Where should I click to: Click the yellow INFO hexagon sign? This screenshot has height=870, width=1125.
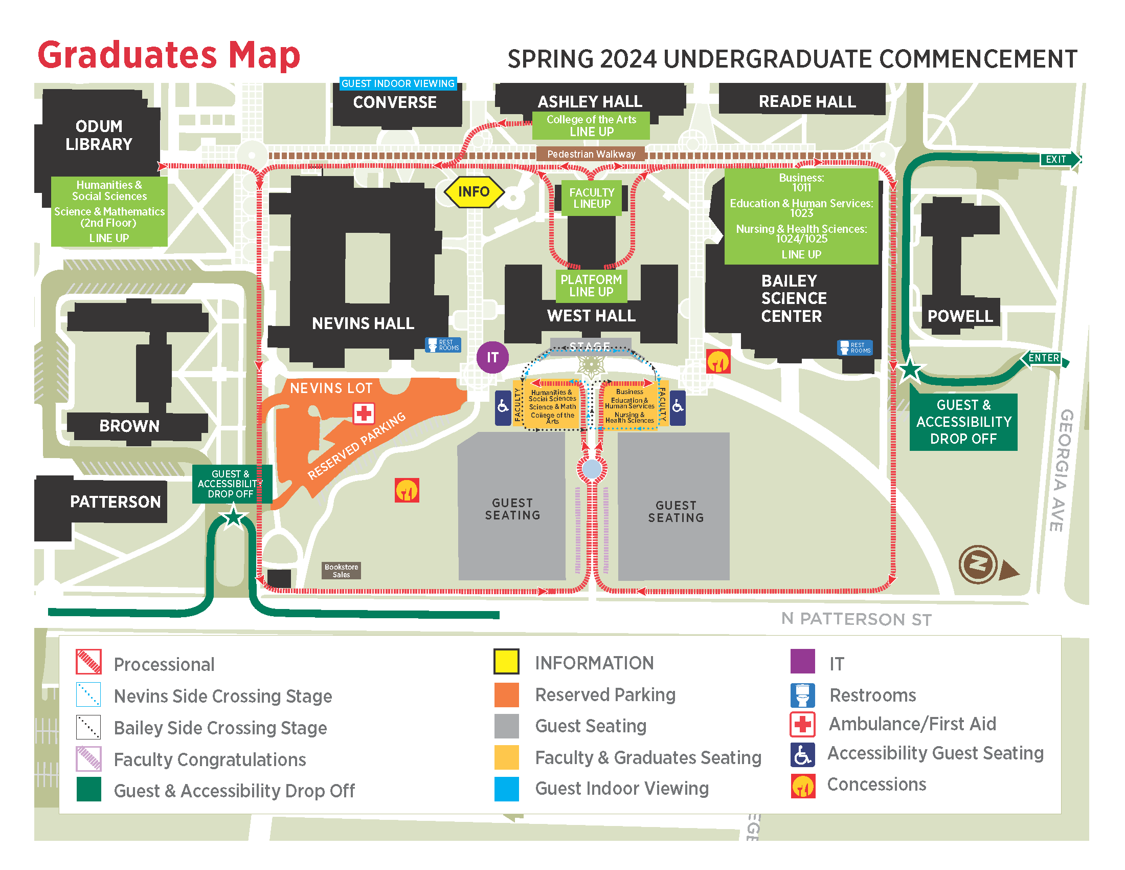coord(474,192)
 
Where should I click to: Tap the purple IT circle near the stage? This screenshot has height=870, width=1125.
coord(492,357)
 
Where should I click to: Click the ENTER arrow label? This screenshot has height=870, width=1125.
coord(1044,358)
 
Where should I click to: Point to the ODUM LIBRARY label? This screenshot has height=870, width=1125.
coord(98,135)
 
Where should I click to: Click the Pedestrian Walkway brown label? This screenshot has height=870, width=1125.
coord(591,154)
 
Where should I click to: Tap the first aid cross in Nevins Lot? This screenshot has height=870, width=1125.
coord(364,414)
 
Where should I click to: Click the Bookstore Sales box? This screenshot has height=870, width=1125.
coord(341,571)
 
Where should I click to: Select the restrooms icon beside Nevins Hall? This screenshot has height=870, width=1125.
coord(442,345)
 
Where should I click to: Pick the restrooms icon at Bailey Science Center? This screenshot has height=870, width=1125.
coord(854,348)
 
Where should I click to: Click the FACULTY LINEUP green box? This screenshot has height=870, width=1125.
coord(591,198)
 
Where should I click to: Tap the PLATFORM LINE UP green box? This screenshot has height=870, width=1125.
coord(591,286)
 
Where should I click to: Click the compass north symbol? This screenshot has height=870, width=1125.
coord(978,564)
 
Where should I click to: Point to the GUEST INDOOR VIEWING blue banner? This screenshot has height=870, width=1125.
coord(398,83)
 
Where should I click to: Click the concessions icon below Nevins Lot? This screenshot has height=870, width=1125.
coord(407,490)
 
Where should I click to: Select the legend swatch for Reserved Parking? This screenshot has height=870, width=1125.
coord(506,695)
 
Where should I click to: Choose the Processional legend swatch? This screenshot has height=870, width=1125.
coord(88,662)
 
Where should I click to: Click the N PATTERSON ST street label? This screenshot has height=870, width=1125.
coord(856,619)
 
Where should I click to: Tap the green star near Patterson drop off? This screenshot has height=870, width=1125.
coord(233,516)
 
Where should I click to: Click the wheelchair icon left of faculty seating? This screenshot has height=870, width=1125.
coord(503,407)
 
